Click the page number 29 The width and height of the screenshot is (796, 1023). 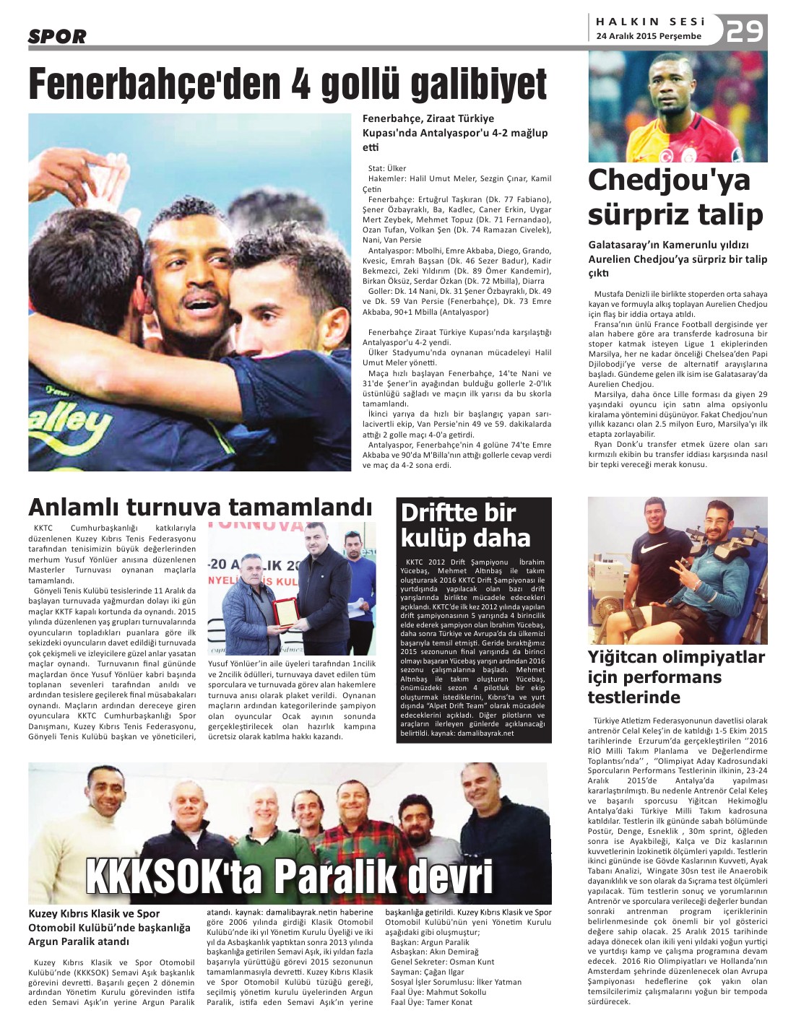745,31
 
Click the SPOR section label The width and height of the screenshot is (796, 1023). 57,36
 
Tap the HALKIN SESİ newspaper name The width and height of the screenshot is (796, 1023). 650,22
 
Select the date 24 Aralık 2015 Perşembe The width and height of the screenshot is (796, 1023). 649,36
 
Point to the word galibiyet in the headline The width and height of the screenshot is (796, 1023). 478,84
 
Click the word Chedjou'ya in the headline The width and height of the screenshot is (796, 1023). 669,180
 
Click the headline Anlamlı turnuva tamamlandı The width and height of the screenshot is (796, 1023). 199,507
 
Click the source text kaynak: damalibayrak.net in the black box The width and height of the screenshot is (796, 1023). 472,733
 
